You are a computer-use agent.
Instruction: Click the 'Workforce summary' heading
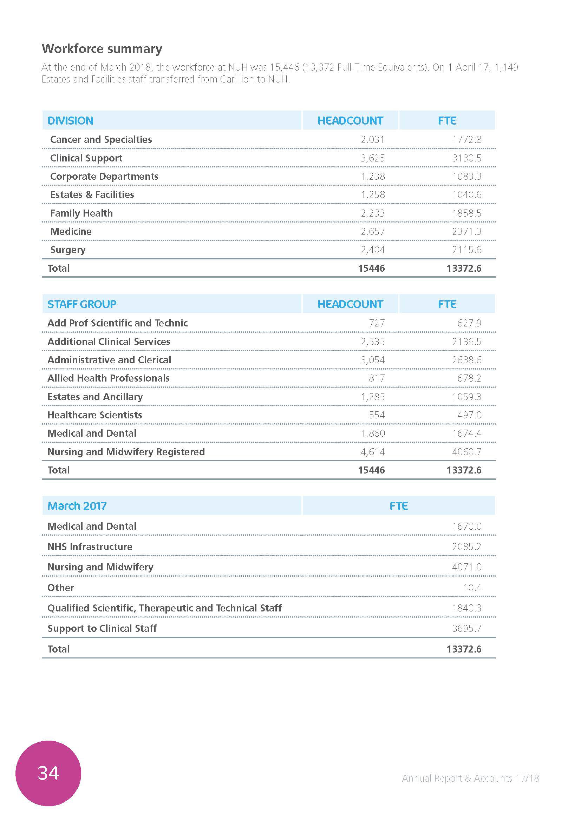[x=102, y=49]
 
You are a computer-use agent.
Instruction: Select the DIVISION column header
[x=71, y=120]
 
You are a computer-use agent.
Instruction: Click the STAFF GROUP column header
[x=82, y=304]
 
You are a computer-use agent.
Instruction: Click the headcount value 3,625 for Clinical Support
[x=372, y=158]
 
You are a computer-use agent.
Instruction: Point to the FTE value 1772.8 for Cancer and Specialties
[x=466, y=139]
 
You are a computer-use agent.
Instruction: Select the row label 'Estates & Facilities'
[x=92, y=194]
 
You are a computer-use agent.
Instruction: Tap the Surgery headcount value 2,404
[x=372, y=250]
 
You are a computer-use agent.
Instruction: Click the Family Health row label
[x=81, y=213]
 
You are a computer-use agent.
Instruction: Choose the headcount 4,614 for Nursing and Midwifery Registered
[x=372, y=452]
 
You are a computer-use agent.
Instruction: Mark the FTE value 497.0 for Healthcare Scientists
[x=469, y=415]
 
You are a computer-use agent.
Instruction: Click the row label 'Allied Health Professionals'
[x=109, y=378]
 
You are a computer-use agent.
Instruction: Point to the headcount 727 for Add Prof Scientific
[x=377, y=323]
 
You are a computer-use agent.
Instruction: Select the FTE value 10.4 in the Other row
[x=472, y=588]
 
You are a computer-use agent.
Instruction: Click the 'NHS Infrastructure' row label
[x=90, y=547]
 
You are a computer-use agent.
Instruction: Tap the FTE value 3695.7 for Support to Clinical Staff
[x=466, y=628]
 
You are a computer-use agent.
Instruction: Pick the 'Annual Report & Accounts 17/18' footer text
[x=470, y=778]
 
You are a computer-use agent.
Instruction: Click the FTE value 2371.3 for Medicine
[x=466, y=231]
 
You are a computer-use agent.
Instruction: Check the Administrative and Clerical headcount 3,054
[x=372, y=360]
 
